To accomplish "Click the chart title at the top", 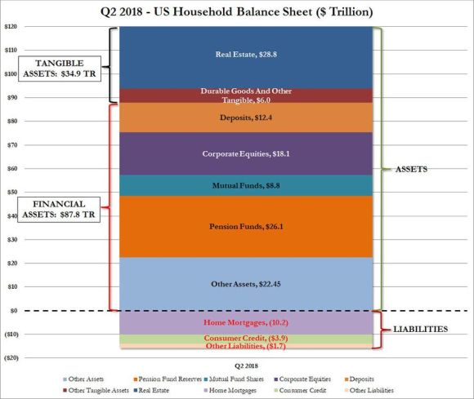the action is pyautogui.click(x=237, y=12).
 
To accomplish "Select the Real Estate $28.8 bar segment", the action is pyautogui.click(x=246, y=58).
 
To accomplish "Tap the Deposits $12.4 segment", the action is pyautogui.click(x=246, y=117).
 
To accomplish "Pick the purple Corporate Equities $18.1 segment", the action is pyautogui.click(x=246, y=154).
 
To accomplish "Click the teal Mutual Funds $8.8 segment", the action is pyautogui.click(x=246, y=185).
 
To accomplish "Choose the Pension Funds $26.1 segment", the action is pyautogui.click(x=246, y=227).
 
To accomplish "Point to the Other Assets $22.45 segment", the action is pyautogui.click(x=246, y=284).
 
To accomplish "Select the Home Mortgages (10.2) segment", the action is pyautogui.click(x=246, y=322).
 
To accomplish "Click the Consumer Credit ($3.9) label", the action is pyautogui.click(x=246, y=339).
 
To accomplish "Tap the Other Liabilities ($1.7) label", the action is pyautogui.click(x=246, y=346).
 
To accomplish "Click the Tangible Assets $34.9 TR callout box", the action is pyautogui.click(x=60, y=69).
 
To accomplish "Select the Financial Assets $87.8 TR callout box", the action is pyautogui.click(x=59, y=210).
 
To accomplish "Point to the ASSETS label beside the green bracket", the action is pyautogui.click(x=411, y=170).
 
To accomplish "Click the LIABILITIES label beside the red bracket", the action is pyautogui.click(x=420, y=330).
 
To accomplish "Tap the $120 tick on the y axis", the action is pyautogui.click(x=11, y=27).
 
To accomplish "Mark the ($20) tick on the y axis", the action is pyautogui.click(x=11, y=358).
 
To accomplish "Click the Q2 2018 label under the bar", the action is pyautogui.click(x=246, y=366).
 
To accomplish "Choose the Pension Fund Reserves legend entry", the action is pyautogui.click(x=168, y=379).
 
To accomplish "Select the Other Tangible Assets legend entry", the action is pyautogui.click(x=96, y=391).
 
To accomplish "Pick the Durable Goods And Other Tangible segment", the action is pyautogui.click(x=246, y=96).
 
